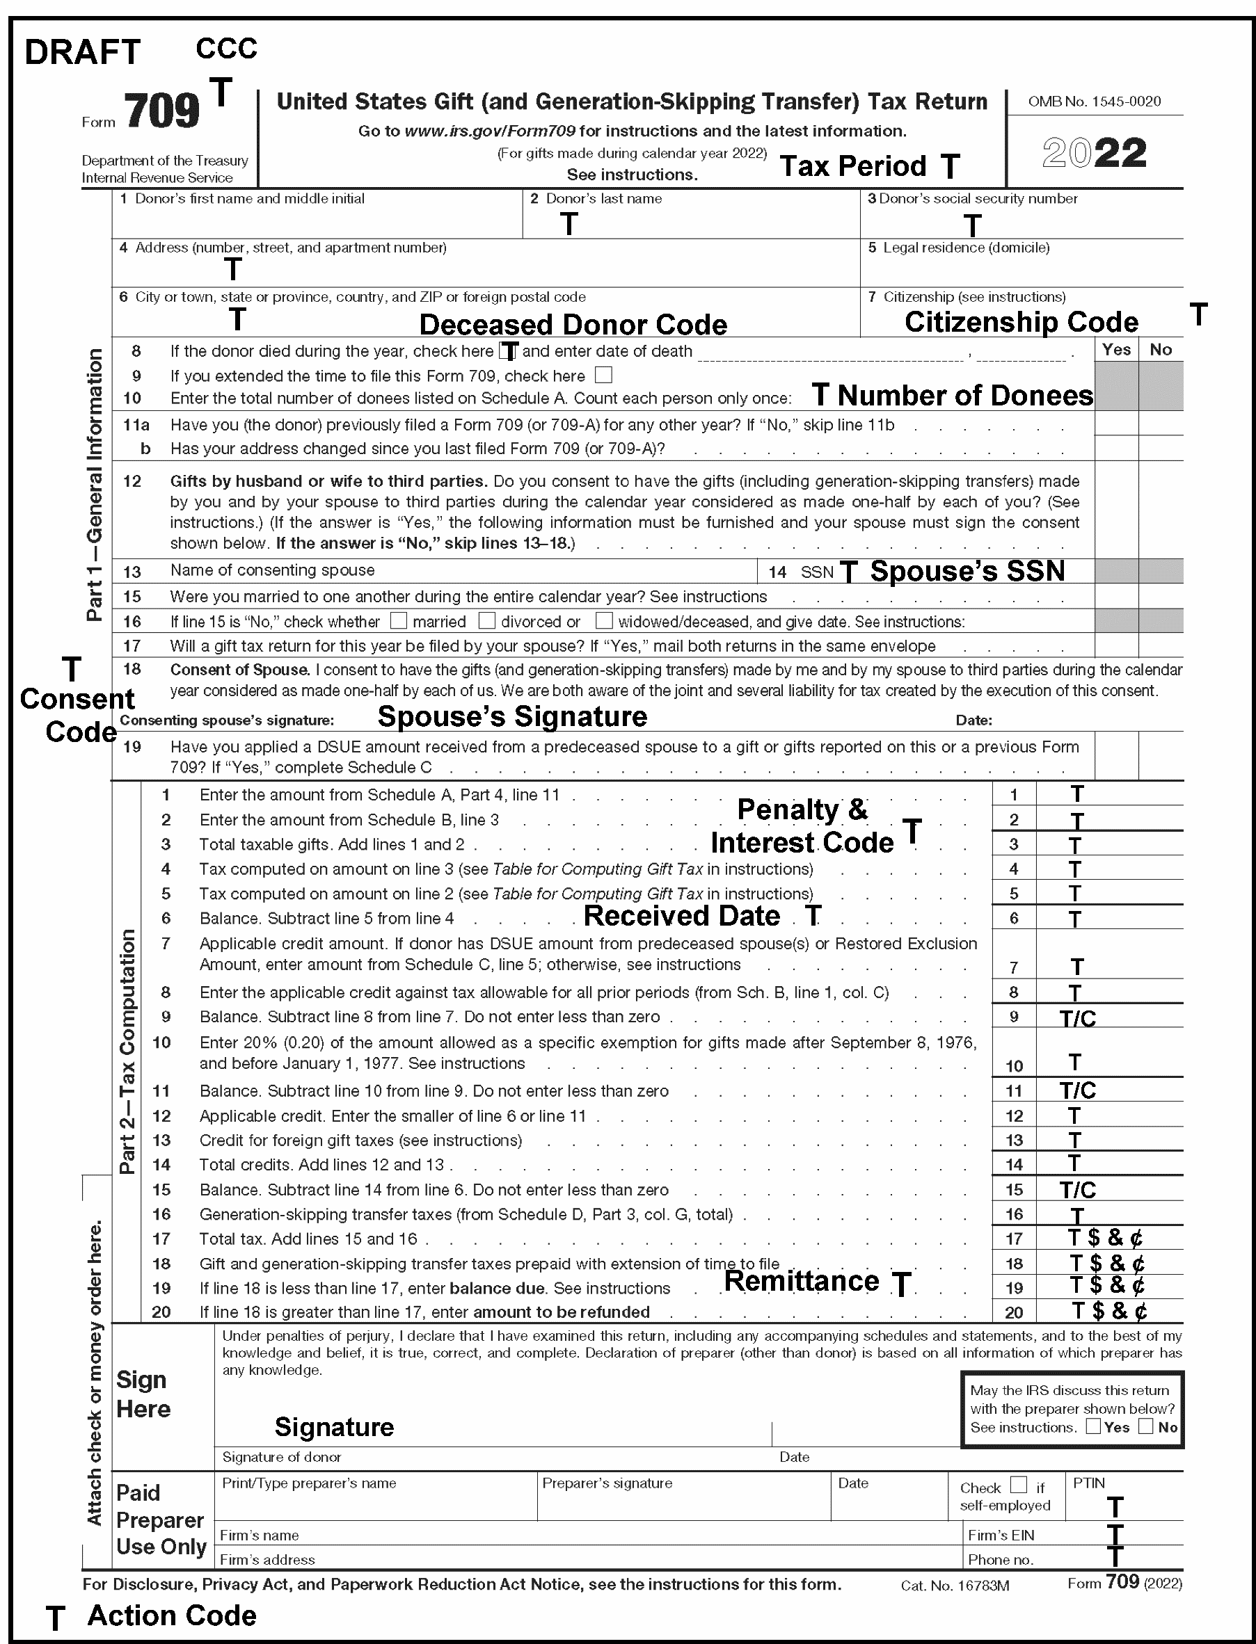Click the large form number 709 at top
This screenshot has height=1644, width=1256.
pyautogui.click(x=161, y=111)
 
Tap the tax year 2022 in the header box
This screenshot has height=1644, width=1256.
pyautogui.click(x=1095, y=153)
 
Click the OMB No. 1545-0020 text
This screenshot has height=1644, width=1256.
pyautogui.click(x=1095, y=102)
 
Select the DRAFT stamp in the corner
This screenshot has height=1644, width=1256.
pyautogui.click(x=82, y=52)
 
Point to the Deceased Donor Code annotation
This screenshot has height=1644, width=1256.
pyautogui.click(x=573, y=325)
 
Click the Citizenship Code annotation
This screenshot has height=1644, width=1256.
pyautogui.click(x=1022, y=322)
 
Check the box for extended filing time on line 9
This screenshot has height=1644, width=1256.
pyautogui.click(x=603, y=374)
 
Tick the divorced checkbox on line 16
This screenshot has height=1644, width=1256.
pyautogui.click(x=486, y=620)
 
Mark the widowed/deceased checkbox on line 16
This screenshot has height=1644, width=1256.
pyautogui.click(x=604, y=620)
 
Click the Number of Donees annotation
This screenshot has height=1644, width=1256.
pyautogui.click(x=964, y=395)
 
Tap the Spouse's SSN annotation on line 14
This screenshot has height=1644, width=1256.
pyautogui.click(x=967, y=571)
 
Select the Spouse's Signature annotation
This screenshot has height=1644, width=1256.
pyautogui.click(x=512, y=716)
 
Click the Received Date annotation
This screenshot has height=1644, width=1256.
pyautogui.click(x=681, y=916)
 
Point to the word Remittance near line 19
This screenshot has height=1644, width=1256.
pyautogui.click(x=802, y=1282)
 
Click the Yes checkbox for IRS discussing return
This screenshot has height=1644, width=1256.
pyautogui.click(x=1093, y=1426)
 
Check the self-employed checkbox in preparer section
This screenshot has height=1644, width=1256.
pyautogui.click(x=1018, y=1484)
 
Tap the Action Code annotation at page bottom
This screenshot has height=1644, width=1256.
pyautogui.click(x=172, y=1615)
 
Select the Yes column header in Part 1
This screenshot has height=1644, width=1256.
pyautogui.click(x=1116, y=350)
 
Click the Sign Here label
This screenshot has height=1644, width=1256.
pyautogui.click(x=143, y=1394)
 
